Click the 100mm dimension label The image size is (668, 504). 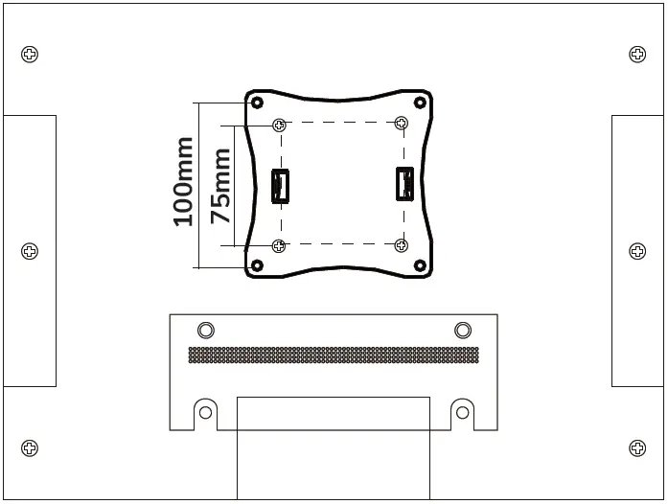[183, 182]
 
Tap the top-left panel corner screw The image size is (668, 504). [31, 54]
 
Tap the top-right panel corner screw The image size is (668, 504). [637, 54]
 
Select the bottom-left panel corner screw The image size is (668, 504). [31, 447]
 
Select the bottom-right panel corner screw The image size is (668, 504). [637, 447]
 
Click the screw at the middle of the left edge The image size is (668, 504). [31, 251]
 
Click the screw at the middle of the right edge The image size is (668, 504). [637, 251]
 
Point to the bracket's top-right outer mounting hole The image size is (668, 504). [420, 103]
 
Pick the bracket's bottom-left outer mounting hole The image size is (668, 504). [257, 265]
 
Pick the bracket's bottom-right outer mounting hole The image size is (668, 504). [420, 265]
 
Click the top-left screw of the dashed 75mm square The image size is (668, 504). [279, 125]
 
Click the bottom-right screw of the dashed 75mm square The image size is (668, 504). [401, 245]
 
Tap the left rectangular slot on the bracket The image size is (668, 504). [280, 186]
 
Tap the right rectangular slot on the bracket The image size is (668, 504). [404, 184]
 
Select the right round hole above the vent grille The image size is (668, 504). [463, 331]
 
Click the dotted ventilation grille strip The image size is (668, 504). [333, 355]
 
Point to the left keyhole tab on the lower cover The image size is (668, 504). [203, 412]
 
